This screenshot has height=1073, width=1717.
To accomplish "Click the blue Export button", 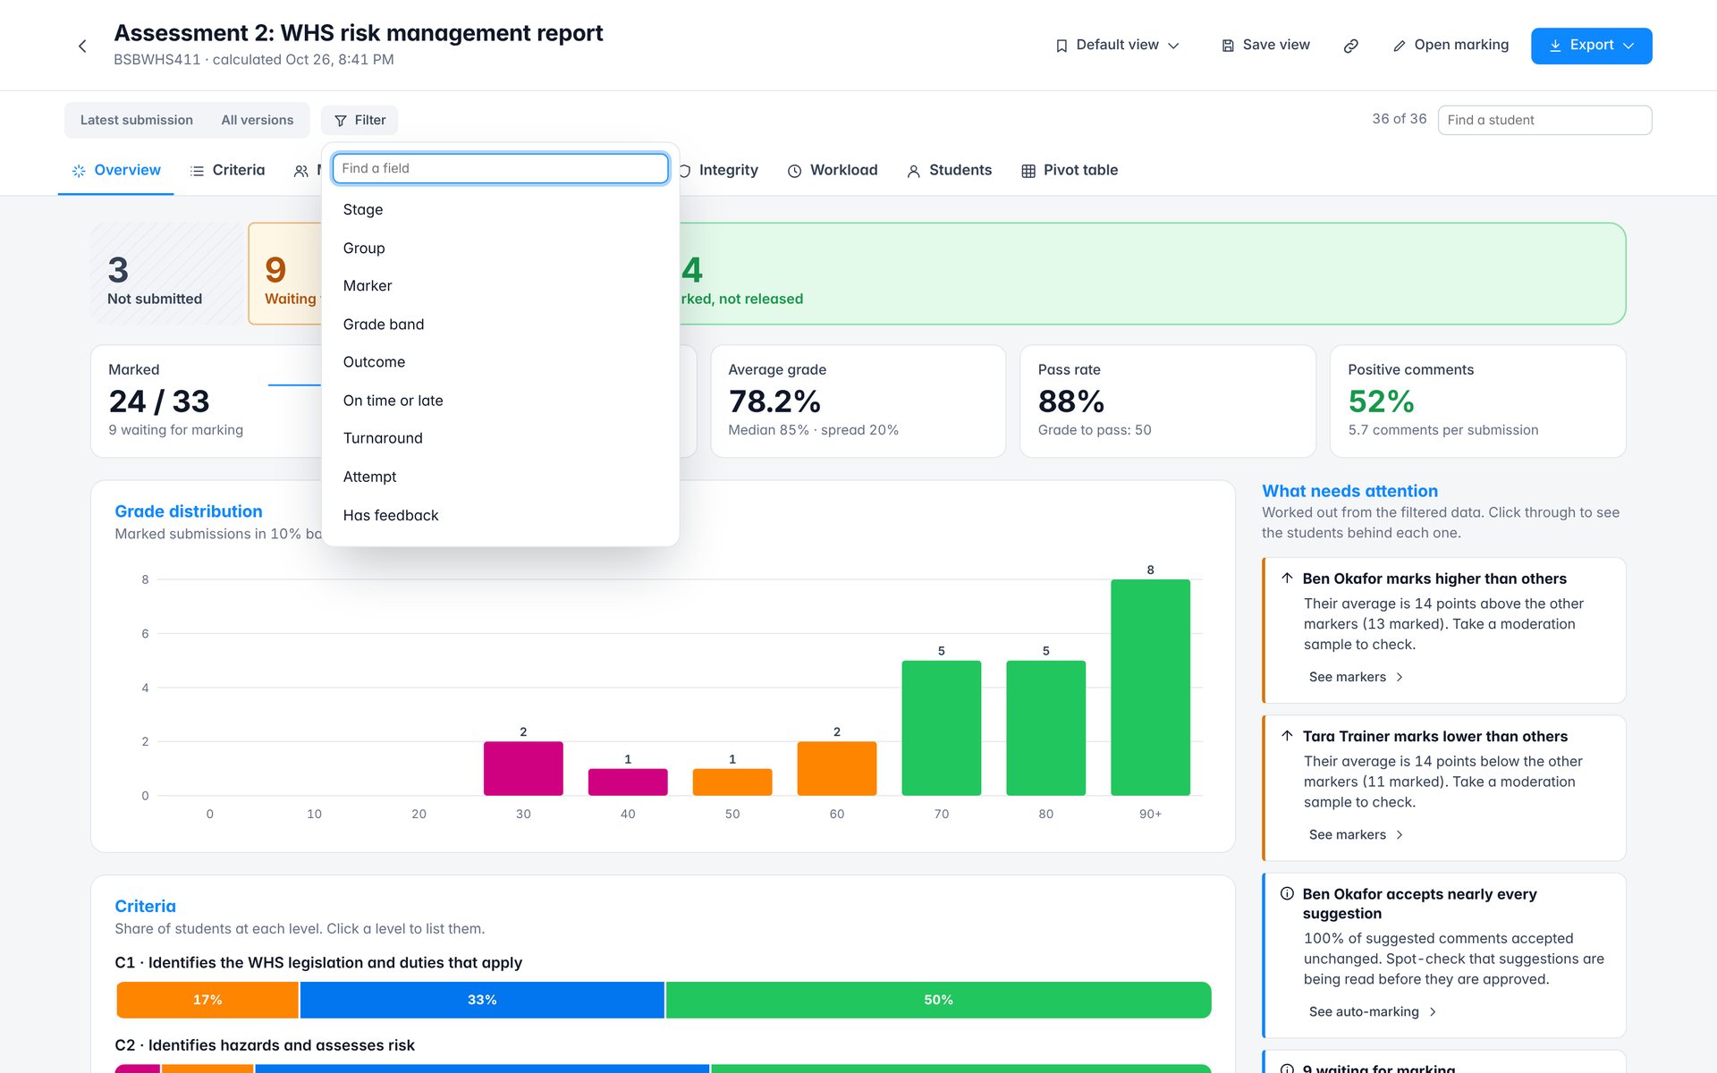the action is point(1591,46).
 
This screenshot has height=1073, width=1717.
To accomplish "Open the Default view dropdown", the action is point(1117,46).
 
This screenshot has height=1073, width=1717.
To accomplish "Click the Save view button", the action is point(1265,46).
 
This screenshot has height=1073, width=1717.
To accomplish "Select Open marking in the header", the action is point(1451,46).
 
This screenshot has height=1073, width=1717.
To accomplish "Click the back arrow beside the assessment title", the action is point(82,46).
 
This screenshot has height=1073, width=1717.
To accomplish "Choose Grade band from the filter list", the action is point(384,325).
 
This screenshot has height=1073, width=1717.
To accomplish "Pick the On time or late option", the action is point(393,401).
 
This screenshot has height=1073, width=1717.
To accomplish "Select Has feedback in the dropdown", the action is point(391,515).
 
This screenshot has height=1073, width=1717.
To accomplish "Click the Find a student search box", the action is point(1544,120).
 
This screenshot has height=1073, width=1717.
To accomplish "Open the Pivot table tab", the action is point(1070,170).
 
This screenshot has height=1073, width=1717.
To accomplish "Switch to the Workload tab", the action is point(833,170).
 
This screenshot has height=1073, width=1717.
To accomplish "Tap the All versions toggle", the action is point(258,120).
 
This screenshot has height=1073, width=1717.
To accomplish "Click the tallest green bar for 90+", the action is point(1150,688).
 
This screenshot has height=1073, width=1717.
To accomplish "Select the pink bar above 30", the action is point(523,768).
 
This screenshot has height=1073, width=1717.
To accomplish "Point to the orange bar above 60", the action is point(837,768).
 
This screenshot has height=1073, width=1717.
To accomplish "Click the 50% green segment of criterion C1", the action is point(938,1000).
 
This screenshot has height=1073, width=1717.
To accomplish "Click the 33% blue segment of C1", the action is point(482,1000).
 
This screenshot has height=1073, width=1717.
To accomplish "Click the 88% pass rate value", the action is point(1071,401).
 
